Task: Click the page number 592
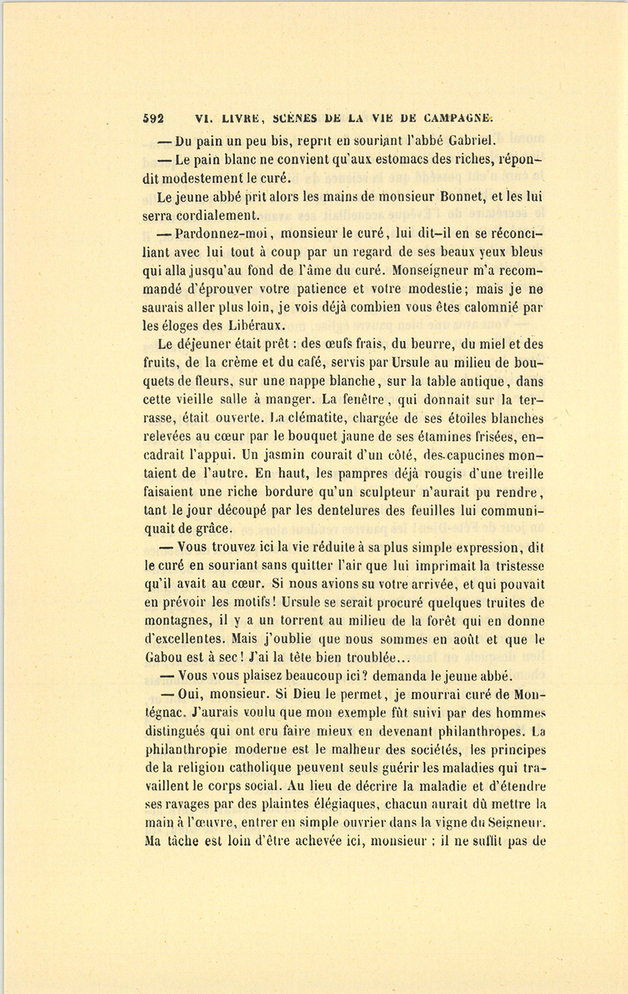click(154, 118)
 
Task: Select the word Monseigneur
click(433, 269)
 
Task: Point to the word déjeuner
click(206, 344)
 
